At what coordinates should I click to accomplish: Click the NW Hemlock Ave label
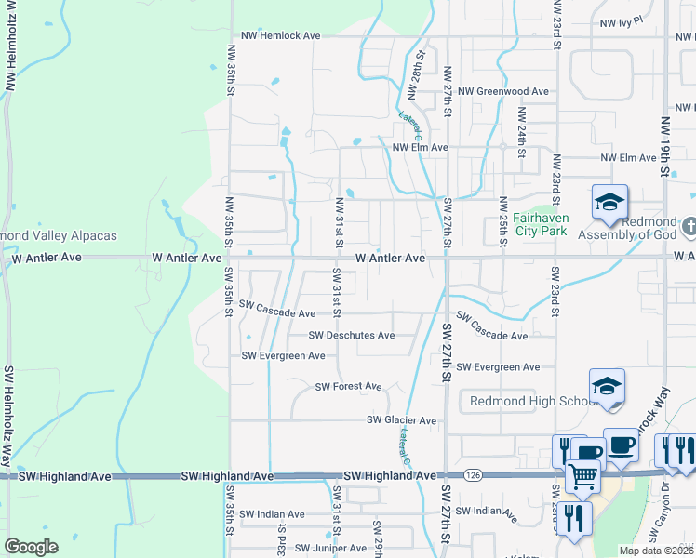(280, 35)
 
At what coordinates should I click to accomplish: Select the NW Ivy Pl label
(622, 21)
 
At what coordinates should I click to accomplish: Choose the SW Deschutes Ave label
(352, 336)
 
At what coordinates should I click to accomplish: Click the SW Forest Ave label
(349, 387)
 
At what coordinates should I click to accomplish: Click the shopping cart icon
(583, 477)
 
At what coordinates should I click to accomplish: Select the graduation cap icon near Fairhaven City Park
(609, 203)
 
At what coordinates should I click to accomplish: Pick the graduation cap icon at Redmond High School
(607, 386)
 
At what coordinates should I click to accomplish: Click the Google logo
(32, 547)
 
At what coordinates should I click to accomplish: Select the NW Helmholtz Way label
(10, 46)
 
